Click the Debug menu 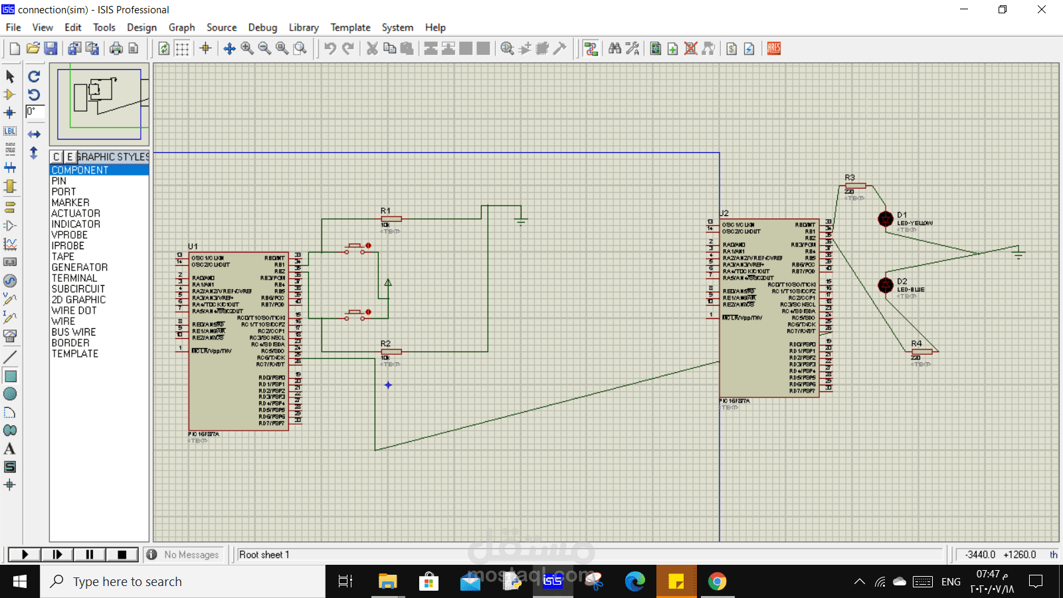click(x=262, y=27)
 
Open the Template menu click(x=350, y=27)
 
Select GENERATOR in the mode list click(x=79, y=267)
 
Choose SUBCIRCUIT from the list click(x=78, y=289)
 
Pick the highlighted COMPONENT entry click(x=80, y=170)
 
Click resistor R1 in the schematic click(x=391, y=219)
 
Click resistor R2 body click(x=391, y=351)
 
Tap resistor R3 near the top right click(x=856, y=185)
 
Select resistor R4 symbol click(x=922, y=351)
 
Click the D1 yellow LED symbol click(x=886, y=219)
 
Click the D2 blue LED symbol click(x=886, y=285)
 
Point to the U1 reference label click(x=193, y=247)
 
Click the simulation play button click(x=25, y=554)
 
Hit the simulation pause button click(x=90, y=554)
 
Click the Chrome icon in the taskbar click(x=717, y=581)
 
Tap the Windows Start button click(x=20, y=581)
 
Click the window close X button click(x=1042, y=9)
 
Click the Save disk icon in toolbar click(x=50, y=49)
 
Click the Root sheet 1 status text click(x=264, y=555)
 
